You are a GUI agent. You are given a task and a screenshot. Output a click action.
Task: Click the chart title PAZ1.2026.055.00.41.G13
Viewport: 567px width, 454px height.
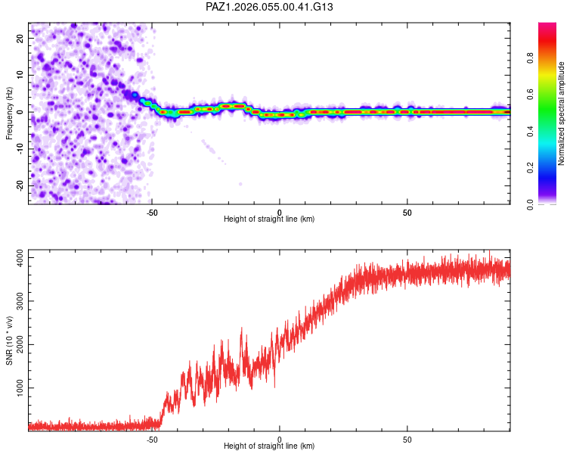269,7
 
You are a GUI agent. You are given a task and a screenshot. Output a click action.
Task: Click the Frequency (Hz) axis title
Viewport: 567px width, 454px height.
9,113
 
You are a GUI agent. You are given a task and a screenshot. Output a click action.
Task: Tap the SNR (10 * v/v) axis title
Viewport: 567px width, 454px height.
9,340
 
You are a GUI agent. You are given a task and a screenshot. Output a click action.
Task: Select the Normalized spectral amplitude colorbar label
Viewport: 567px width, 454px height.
562,113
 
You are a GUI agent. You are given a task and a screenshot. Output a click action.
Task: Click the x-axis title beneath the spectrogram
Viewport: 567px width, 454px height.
269,219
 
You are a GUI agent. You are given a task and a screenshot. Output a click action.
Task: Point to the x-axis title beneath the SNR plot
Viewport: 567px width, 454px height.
269,446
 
